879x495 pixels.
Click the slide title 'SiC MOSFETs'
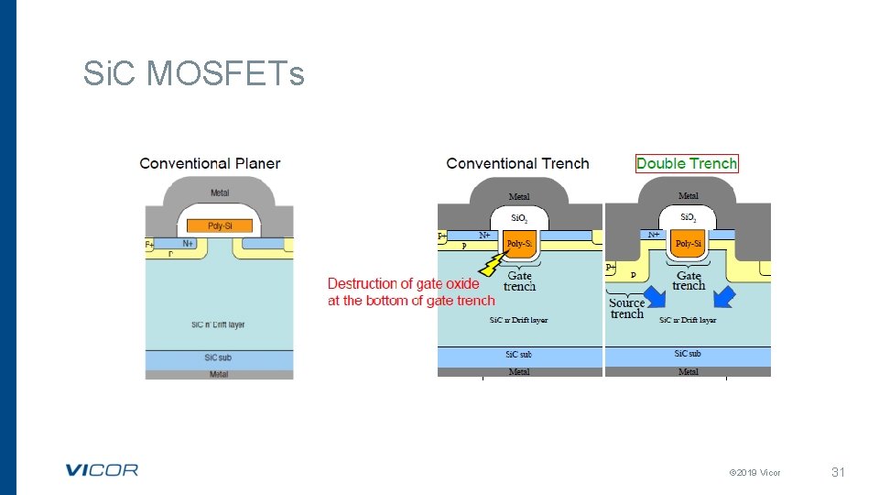click(193, 73)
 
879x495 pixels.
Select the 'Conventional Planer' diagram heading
click(210, 163)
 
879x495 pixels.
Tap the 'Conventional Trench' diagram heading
click(517, 163)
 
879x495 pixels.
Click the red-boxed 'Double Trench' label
click(687, 163)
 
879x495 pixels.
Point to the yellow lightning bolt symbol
click(493, 263)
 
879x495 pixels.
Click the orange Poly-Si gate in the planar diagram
click(220, 225)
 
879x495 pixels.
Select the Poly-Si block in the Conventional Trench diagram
click(519, 245)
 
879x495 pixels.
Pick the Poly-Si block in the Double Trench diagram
click(688, 244)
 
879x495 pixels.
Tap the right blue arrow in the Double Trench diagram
click(724, 297)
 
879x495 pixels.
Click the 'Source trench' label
click(627, 308)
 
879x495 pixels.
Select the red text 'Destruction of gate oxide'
click(404, 283)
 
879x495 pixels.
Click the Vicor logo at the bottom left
click(102, 470)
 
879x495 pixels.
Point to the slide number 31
click(837, 472)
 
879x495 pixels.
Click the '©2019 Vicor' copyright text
click(754, 473)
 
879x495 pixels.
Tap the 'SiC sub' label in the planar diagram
click(219, 357)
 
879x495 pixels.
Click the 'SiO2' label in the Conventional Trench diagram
click(519, 219)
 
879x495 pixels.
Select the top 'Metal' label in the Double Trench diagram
click(688, 196)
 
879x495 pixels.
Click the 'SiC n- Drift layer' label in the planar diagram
click(218, 324)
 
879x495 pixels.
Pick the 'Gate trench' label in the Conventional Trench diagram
click(519, 280)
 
